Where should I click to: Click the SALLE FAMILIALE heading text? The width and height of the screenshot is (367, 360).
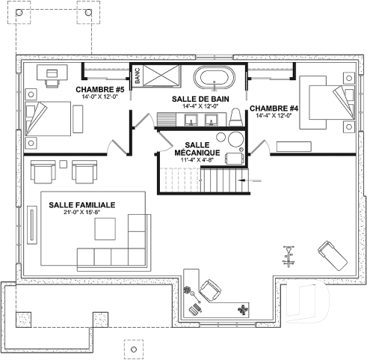point(81,204)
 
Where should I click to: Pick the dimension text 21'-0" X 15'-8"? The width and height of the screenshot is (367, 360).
point(81,213)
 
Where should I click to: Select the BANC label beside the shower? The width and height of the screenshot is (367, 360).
point(138,79)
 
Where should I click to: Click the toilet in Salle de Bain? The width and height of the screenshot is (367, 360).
point(236,118)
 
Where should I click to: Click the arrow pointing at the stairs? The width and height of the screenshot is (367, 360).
point(252,180)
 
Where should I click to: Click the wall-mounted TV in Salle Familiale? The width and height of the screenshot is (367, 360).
point(33,225)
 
